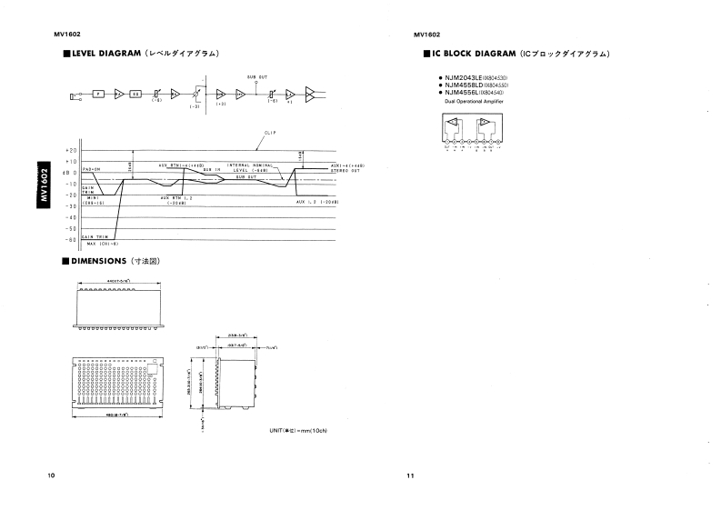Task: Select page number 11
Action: point(411,475)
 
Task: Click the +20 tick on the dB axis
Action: point(72,150)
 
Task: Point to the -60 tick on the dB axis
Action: point(72,239)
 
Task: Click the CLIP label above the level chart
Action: point(269,133)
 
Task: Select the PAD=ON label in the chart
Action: point(89,170)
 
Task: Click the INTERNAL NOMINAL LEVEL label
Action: point(245,166)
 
